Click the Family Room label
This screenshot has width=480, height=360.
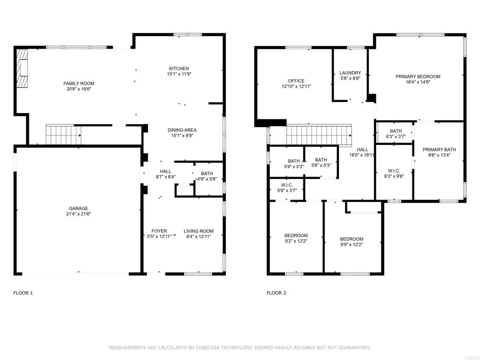point(79,83)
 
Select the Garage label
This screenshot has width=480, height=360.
point(79,209)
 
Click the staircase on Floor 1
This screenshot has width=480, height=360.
point(63,135)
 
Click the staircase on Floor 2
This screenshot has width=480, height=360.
point(318,135)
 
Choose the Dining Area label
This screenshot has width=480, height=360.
point(182,130)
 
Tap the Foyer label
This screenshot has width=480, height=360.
point(159,231)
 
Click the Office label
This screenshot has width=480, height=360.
point(296,81)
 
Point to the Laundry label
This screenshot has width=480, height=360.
point(350,73)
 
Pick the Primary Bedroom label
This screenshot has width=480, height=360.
point(418,76)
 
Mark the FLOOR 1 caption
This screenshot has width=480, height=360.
point(23,293)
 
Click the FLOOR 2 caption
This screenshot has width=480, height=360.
point(277,293)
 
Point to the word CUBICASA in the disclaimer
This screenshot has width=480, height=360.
point(217,348)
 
